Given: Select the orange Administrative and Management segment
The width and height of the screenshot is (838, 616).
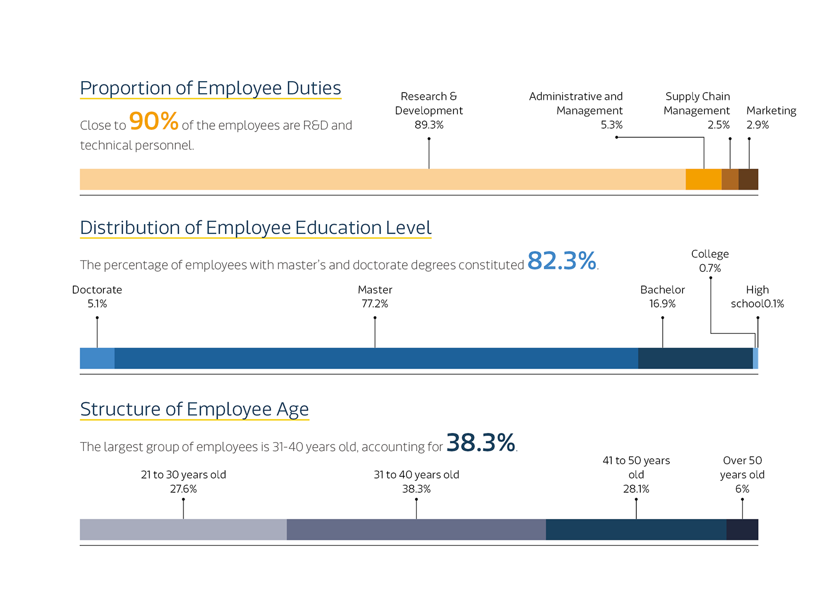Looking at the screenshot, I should click(703, 179).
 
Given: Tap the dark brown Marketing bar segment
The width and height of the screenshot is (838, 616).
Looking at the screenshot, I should click(748, 179).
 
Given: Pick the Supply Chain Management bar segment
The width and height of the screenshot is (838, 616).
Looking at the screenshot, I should click(730, 179).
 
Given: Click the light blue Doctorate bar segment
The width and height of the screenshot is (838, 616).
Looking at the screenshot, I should click(97, 358).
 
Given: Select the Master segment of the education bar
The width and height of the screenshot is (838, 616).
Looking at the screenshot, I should click(376, 358).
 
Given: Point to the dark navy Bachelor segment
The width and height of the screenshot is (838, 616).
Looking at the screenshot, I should click(695, 358).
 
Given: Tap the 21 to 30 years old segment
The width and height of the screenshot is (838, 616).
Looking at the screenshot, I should click(183, 529).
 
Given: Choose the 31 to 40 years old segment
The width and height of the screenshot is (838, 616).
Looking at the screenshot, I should click(416, 529).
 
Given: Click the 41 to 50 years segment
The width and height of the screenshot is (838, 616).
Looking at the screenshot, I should click(636, 529).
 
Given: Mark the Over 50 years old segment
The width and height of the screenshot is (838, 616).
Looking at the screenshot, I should click(742, 529).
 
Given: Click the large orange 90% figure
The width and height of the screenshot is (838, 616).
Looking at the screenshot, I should click(153, 121).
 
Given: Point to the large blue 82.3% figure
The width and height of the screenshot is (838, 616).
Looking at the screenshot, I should click(561, 261).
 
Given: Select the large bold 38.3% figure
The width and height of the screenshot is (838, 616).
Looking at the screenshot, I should click(481, 442).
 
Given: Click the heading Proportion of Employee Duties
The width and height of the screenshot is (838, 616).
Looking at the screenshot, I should click(210, 88).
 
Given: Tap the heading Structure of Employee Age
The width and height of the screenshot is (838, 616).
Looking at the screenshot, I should click(194, 409).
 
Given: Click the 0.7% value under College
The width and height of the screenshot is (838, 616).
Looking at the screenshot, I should click(710, 268).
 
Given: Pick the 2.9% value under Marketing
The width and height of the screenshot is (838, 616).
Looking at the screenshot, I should click(757, 125).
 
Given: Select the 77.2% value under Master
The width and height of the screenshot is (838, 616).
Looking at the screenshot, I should click(375, 304).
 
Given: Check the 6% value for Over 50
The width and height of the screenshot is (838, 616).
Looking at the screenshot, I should click(742, 489).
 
